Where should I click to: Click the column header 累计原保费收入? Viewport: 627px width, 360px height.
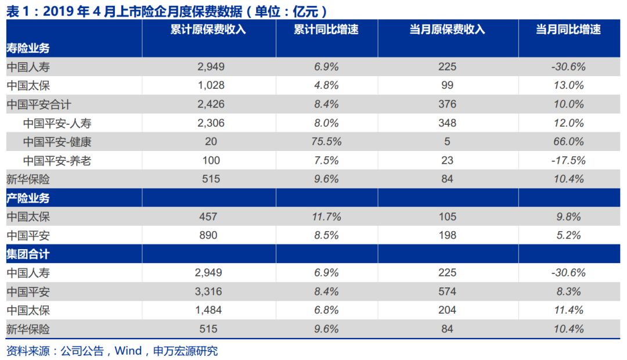click(x=208, y=30)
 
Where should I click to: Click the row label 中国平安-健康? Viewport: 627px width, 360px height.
click(x=57, y=142)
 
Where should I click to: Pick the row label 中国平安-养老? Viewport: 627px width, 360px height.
click(x=57, y=161)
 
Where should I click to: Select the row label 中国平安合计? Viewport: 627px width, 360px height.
click(x=39, y=105)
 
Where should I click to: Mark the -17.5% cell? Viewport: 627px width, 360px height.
click(x=568, y=161)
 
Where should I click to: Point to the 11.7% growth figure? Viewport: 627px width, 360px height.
click(x=326, y=217)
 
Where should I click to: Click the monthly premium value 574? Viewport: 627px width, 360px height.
click(x=447, y=291)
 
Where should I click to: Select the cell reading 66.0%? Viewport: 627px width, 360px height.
click(x=568, y=142)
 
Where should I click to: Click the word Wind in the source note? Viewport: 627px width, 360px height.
click(x=128, y=351)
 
